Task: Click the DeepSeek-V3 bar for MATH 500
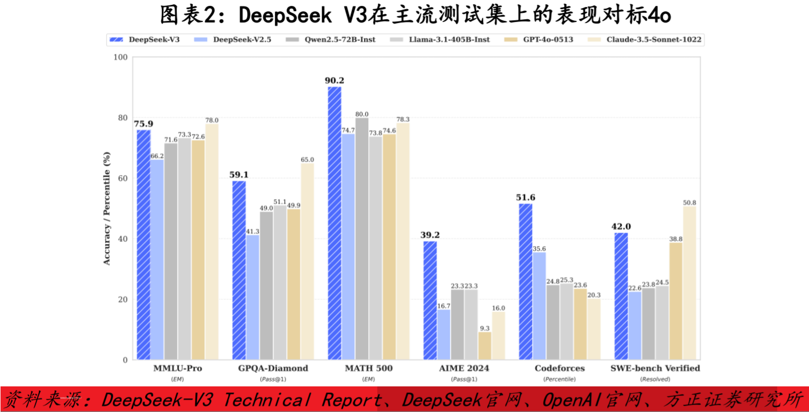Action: click(335, 223)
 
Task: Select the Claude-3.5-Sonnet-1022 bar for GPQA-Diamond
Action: click(307, 262)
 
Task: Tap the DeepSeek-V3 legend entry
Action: click(149, 39)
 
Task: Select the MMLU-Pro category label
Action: click(178, 368)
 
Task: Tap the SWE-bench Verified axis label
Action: click(655, 368)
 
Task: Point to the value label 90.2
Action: click(335, 81)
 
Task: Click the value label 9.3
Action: click(485, 328)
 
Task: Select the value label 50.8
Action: click(689, 202)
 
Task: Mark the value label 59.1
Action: click(239, 175)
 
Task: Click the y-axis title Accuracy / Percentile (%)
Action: click(107, 208)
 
